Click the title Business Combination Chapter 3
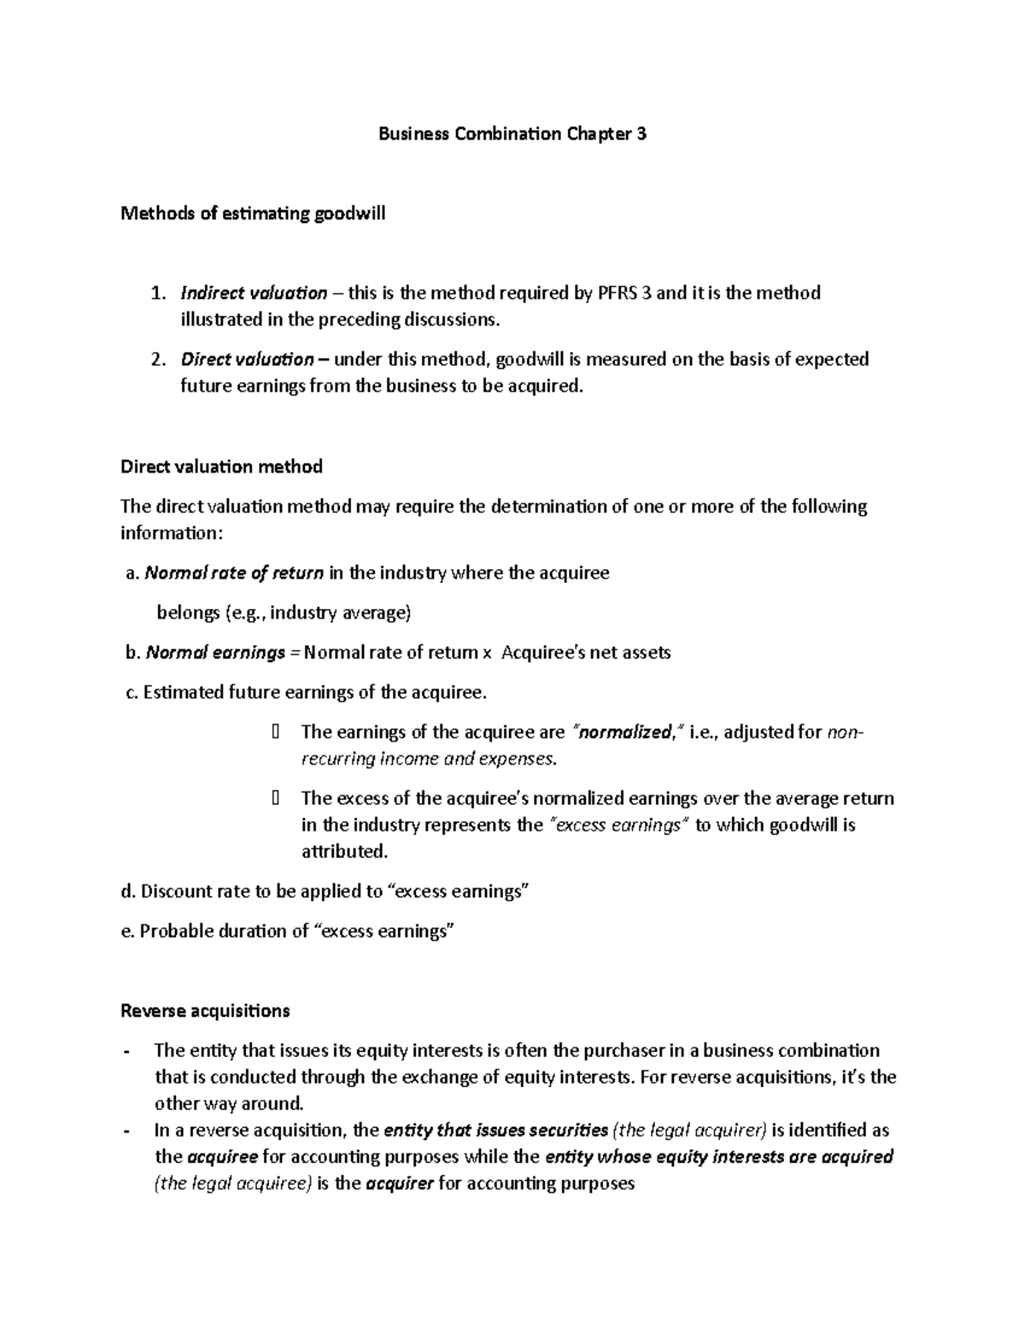coord(512,134)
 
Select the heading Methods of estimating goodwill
coord(253,214)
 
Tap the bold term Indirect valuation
coord(254,293)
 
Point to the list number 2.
coord(156,359)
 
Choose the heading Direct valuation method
coord(221,467)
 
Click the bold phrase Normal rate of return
coord(235,572)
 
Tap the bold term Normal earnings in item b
coord(216,653)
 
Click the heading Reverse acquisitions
coord(205,1011)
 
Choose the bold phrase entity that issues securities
coord(497,1130)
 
